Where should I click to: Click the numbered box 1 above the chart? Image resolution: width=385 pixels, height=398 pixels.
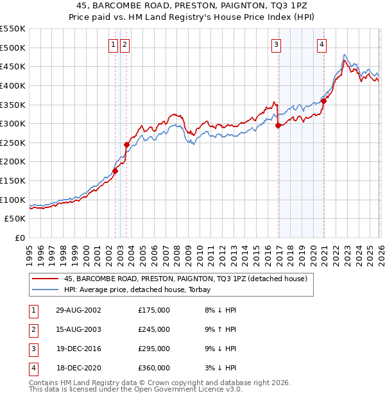coord(113,44)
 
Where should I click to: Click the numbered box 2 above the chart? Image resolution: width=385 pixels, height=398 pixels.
coord(124,44)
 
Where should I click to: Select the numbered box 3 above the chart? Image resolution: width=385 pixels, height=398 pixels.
coord(276,44)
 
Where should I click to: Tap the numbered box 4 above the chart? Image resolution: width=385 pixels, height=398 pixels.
coord(321,44)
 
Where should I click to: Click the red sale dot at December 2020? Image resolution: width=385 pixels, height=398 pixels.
coord(324,101)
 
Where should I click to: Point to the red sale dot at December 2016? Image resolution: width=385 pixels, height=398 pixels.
coord(278,126)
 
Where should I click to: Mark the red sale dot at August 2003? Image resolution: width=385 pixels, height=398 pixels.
coord(126,144)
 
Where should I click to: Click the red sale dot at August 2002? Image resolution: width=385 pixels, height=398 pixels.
coord(116,171)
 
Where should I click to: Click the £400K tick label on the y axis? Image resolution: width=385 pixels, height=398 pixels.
coord(13,85)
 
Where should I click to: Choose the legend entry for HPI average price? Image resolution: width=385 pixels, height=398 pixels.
coord(141,289)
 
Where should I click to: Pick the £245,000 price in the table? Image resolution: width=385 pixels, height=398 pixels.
coord(154,329)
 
